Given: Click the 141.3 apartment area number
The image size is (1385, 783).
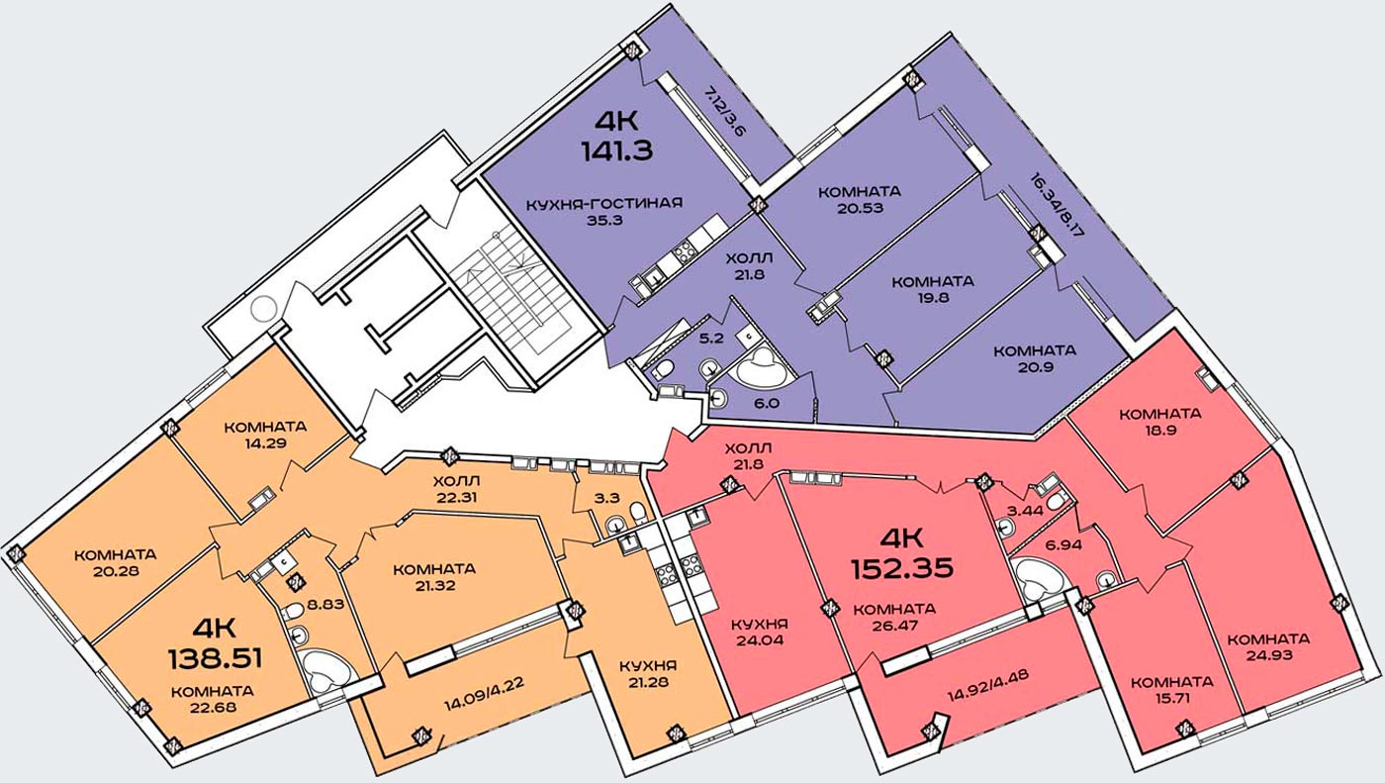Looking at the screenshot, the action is point(617,150).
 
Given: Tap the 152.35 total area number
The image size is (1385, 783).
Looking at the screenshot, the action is point(902,568).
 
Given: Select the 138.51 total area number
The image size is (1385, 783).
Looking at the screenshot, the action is point(216,658).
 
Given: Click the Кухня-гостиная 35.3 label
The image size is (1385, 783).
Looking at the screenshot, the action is point(604,211).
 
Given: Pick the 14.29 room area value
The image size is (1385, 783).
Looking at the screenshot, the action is point(265,442).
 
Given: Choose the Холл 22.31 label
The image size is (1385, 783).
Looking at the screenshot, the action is point(456,489).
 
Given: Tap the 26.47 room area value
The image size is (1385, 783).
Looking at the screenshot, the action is point(894,626).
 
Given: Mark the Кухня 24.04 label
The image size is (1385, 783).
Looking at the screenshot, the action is point(760,633).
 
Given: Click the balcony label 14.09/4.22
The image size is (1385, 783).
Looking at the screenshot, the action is point(485,694).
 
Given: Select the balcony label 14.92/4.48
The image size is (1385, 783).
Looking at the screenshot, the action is point(988,685).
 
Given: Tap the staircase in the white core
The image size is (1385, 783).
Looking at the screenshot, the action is point(514,292).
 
